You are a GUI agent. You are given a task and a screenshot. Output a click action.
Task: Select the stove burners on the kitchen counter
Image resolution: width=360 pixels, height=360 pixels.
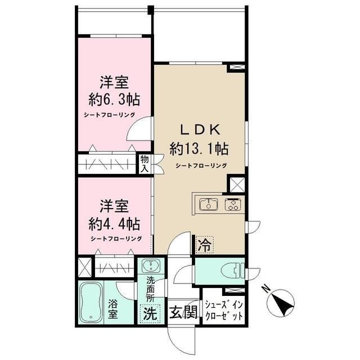(232, 204)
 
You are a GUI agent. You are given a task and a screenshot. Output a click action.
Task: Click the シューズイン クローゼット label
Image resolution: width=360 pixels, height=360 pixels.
(224, 310)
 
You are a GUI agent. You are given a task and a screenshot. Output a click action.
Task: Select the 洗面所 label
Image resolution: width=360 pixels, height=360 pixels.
(151, 289)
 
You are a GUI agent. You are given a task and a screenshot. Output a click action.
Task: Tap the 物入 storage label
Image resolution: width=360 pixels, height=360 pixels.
(145, 164)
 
